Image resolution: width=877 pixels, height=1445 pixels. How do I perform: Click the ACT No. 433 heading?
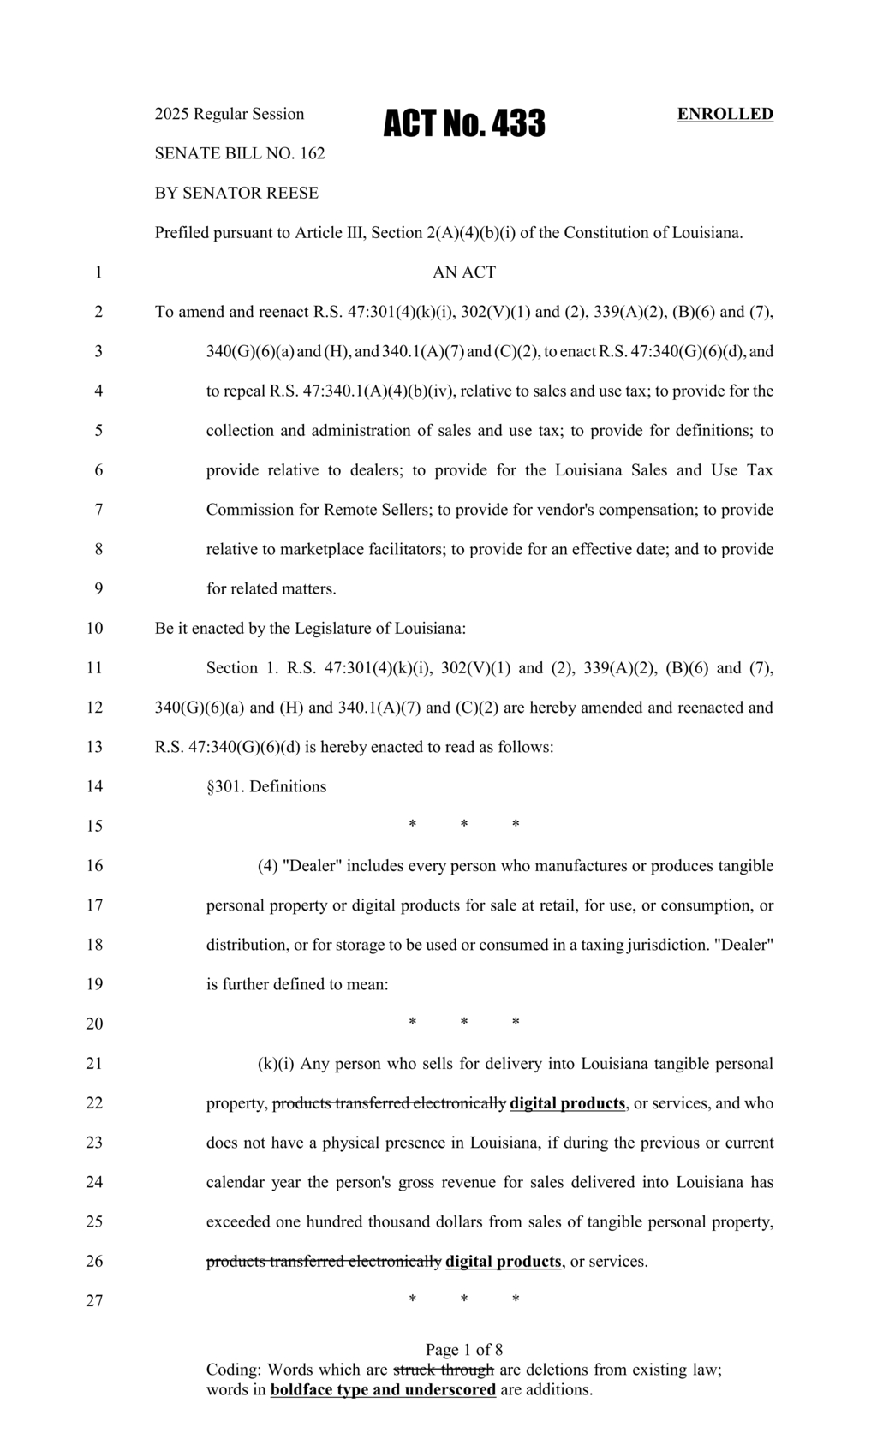click(463, 124)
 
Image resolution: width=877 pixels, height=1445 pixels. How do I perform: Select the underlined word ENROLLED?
click(725, 114)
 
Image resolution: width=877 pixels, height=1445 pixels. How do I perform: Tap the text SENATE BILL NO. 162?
click(239, 153)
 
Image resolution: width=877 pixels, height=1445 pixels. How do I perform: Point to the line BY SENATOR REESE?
click(236, 193)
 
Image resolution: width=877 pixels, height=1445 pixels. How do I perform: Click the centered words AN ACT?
click(463, 272)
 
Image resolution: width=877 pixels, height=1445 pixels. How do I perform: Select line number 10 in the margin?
click(94, 628)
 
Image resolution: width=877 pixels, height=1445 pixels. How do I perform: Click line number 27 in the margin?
click(94, 1300)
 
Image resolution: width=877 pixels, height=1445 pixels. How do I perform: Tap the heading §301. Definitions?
click(266, 786)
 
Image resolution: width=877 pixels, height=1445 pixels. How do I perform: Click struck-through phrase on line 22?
click(389, 1102)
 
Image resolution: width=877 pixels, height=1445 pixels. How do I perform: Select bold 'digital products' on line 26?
click(504, 1261)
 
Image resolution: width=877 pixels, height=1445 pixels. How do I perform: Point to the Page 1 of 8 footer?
click(463, 1350)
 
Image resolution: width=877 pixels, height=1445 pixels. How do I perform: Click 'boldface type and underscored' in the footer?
click(383, 1389)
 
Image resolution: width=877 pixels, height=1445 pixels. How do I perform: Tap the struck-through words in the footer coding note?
click(443, 1369)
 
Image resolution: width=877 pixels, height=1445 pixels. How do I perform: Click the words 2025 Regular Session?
click(229, 114)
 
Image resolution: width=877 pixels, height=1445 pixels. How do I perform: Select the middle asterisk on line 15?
click(463, 825)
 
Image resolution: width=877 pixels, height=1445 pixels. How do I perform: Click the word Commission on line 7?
click(249, 510)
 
